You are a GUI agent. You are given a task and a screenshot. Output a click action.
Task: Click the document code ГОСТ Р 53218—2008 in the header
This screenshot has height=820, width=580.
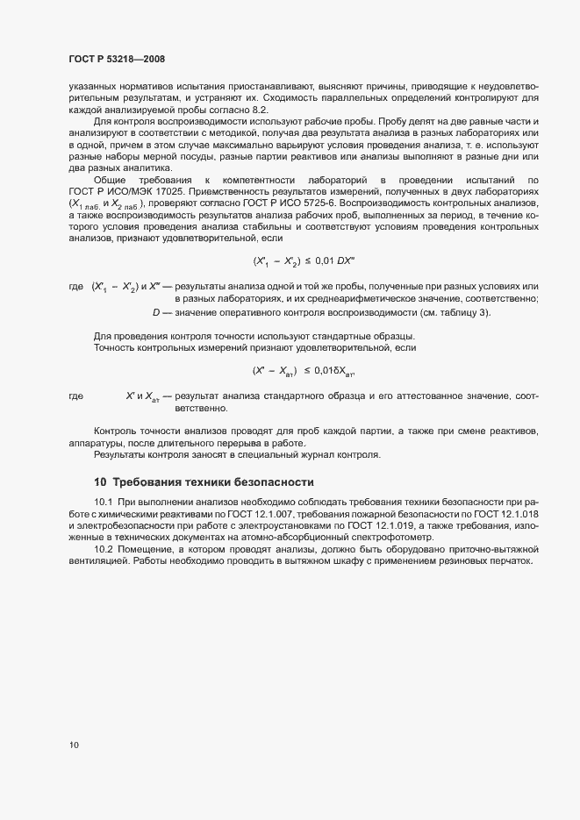(x=116, y=59)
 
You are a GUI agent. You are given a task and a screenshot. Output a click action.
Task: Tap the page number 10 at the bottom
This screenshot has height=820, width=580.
(x=74, y=745)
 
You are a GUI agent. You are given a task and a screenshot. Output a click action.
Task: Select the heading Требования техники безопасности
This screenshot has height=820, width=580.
(x=210, y=482)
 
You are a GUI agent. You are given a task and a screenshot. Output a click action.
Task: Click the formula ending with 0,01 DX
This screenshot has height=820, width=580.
(x=304, y=261)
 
